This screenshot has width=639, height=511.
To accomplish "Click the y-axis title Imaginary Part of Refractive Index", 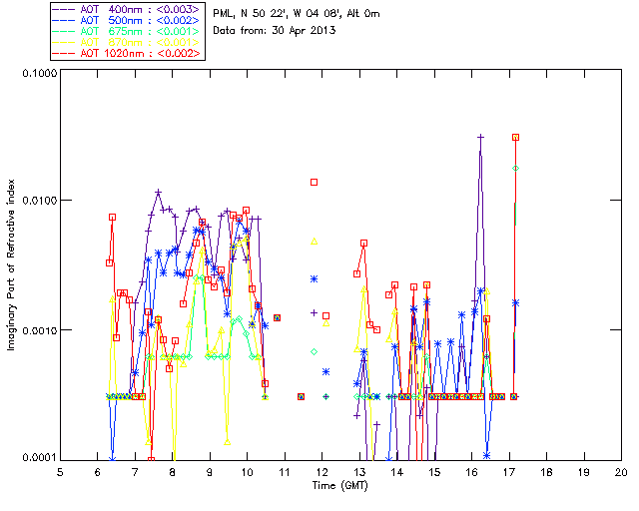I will pos(14,264).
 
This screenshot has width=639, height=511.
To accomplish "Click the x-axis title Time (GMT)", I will pos(340,486).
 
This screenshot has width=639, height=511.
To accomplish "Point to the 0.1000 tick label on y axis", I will pos(38,74).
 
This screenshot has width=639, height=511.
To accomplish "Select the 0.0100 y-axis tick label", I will pos(38,202).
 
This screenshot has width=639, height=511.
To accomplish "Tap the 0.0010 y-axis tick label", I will pos(38,330).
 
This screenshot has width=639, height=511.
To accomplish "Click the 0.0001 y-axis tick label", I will pos(38,458).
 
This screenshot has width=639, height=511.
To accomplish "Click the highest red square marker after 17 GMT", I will pos(516,137).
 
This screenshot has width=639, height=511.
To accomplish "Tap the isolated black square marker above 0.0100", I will pos(314,182).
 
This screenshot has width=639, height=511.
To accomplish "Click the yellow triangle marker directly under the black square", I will pos(314,241).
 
